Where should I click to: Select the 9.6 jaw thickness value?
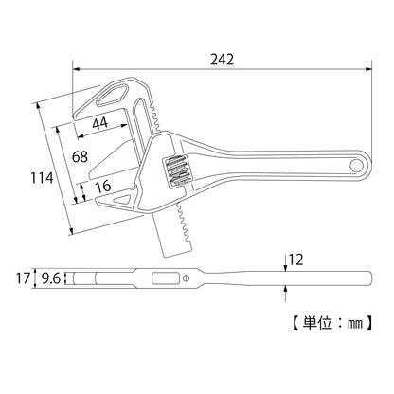coord(49,278)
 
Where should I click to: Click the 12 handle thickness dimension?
coord(295,258)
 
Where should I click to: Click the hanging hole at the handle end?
coord(356,167)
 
